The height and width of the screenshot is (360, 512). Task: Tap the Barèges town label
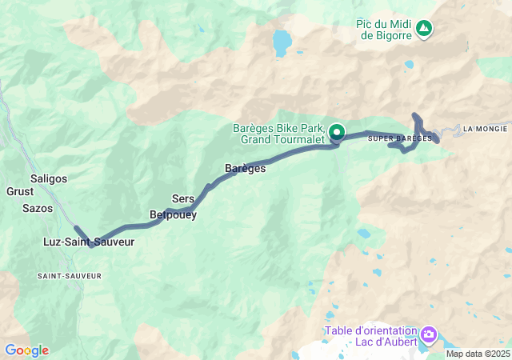[x=245, y=169]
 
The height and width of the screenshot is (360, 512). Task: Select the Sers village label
[x=183, y=198]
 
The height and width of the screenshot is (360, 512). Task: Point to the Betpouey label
[x=173, y=214]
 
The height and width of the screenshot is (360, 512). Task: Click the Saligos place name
[x=48, y=178]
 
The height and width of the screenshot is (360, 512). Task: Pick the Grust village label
[x=20, y=192]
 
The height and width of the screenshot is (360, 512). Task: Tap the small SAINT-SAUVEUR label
[x=70, y=275]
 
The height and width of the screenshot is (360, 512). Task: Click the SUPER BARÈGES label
[x=394, y=138]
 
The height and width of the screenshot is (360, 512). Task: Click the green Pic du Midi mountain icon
[x=424, y=30]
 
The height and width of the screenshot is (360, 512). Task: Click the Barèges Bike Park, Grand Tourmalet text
[x=279, y=134]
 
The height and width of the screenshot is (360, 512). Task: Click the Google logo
[x=26, y=350]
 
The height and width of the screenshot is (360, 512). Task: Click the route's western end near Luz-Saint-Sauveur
[x=76, y=228]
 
